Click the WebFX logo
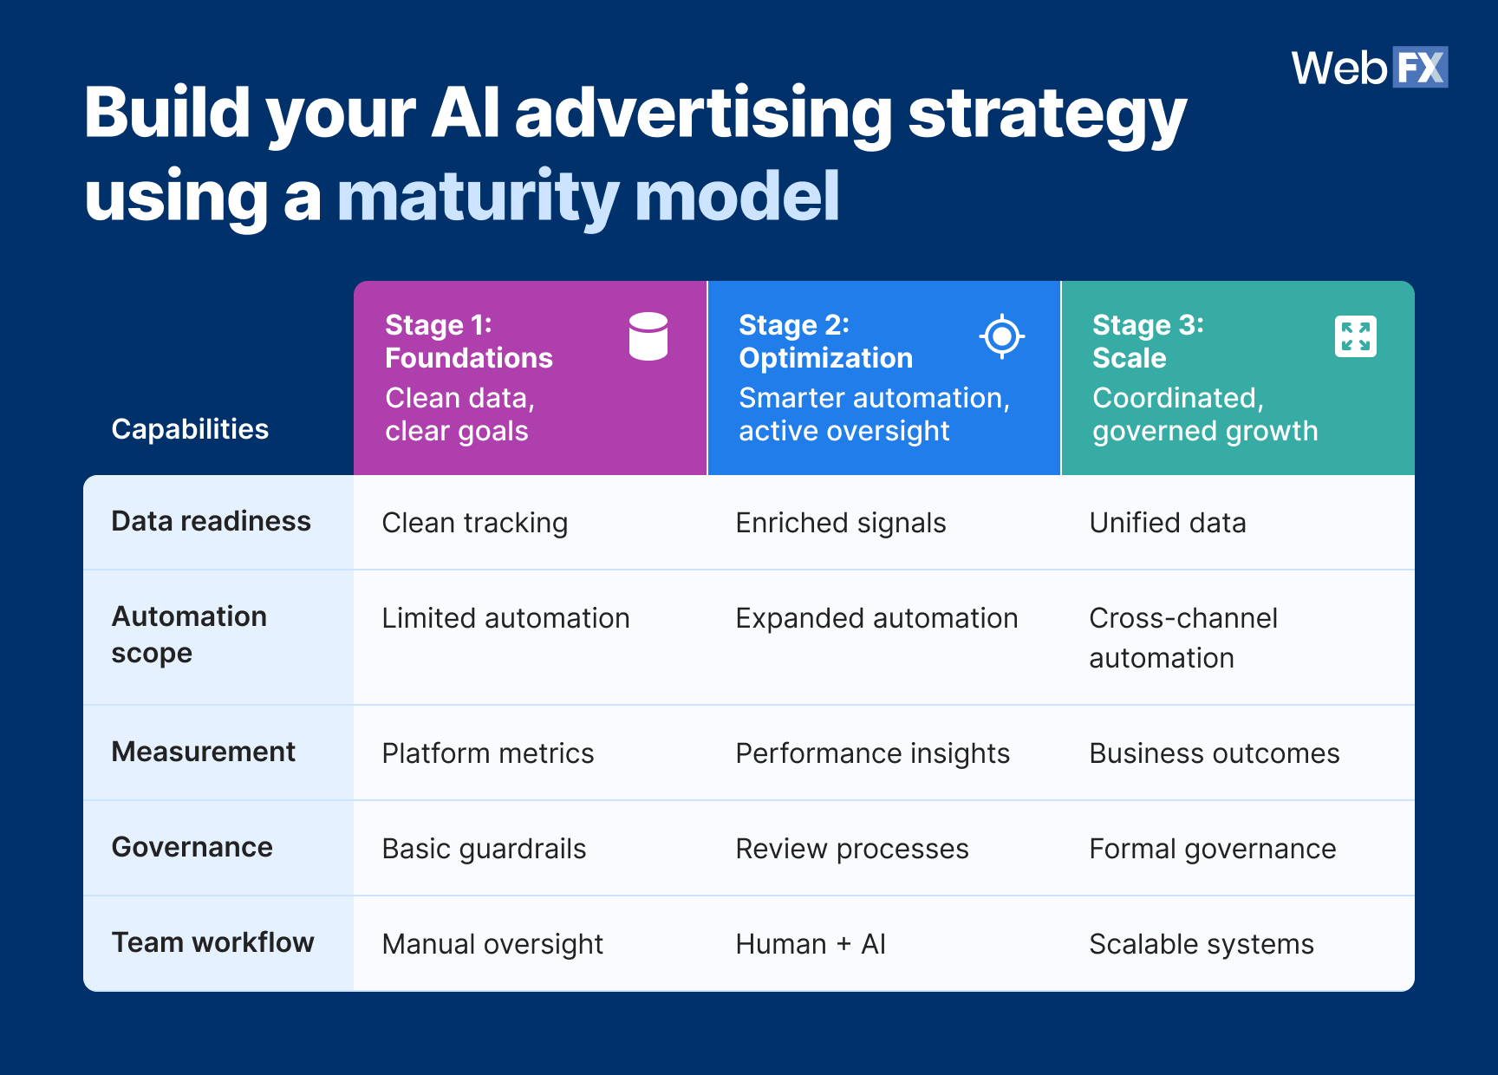pos(1369,68)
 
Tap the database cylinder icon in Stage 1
pos(648,336)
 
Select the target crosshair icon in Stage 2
pos(1001,336)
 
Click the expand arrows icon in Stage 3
pos(1355,336)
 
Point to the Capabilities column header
pos(190,429)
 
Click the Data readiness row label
pos(211,521)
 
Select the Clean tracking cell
pos(474,523)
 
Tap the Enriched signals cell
pos(840,523)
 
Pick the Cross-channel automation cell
pos(1182,637)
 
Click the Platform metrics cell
pos(487,753)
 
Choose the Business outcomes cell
pos(1214,753)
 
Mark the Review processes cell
pos(851,849)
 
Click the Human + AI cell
pos(810,944)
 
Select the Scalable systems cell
pos(1201,944)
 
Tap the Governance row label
pos(192,847)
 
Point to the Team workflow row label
pos(212,942)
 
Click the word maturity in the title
pos(477,197)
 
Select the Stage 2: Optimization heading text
pos(824,342)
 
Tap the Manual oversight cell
pos(492,944)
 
